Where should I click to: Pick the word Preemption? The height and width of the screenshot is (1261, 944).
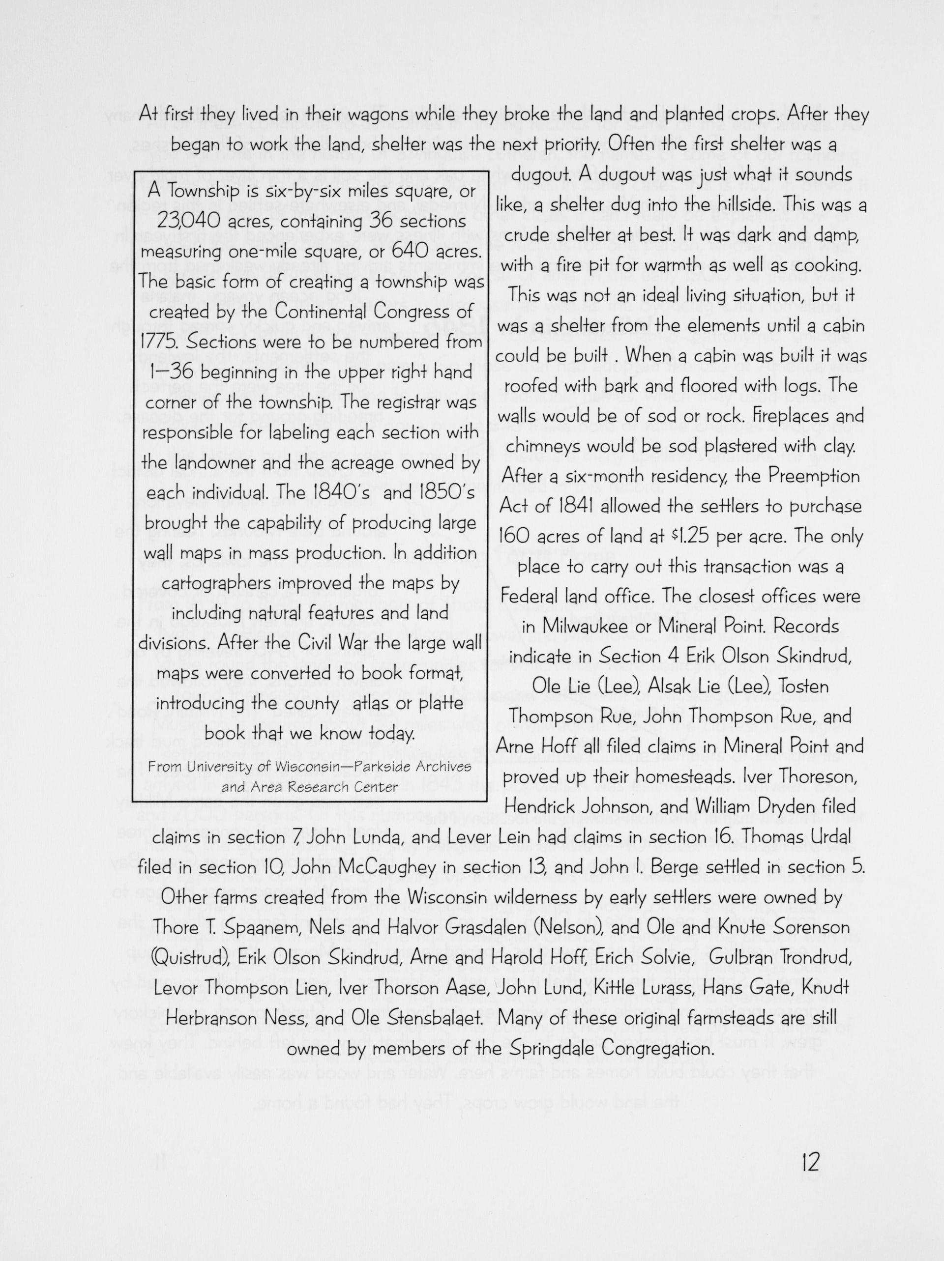(x=813, y=476)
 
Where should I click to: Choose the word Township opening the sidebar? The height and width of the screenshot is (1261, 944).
(x=198, y=192)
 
